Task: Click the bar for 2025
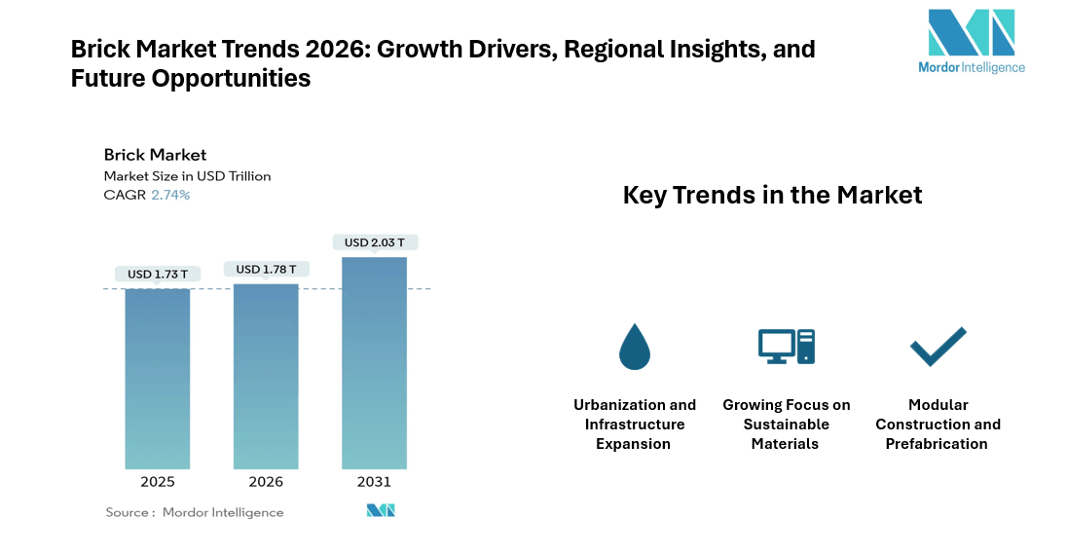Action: (x=157, y=379)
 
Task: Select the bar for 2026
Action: (x=266, y=376)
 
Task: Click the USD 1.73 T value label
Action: (x=157, y=275)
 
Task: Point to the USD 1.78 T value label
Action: (x=266, y=269)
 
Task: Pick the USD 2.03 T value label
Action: (x=374, y=242)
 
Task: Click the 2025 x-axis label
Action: (x=157, y=482)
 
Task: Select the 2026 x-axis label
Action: (x=266, y=482)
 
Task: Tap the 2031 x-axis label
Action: (x=374, y=482)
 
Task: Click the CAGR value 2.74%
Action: (x=170, y=195)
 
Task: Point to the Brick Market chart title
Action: (x=155, y=155)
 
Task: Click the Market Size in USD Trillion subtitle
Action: (x=187, y=176)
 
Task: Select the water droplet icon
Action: (x=634, y=347)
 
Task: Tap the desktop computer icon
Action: (x=786, y=347)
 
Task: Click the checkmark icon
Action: (x=938, y=347)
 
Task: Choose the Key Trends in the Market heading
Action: (x=772, y=195)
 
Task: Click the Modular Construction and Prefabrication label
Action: (x=938, y=425)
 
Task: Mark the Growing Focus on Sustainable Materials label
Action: (x=786, y=425)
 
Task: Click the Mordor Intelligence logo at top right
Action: (x=971, y=41)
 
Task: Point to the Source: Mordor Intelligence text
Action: (x=195, y=512)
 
